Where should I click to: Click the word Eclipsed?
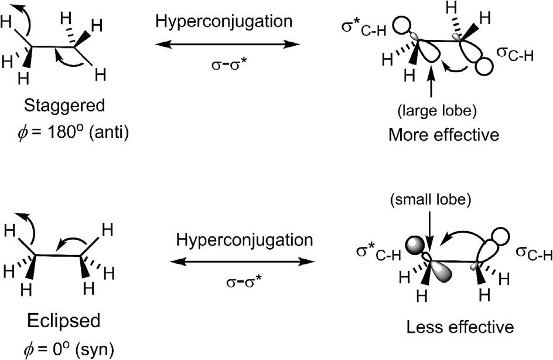pos(64,322)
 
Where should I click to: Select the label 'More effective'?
pos(443,135)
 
